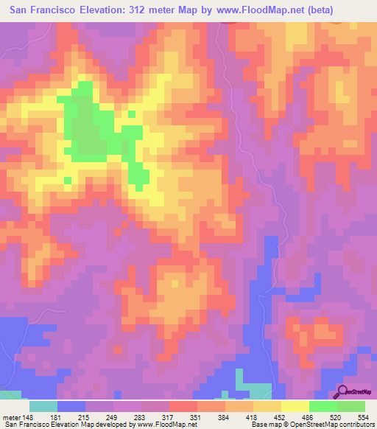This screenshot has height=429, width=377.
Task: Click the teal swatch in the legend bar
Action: (43, 406)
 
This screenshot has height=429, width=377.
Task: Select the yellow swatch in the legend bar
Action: (295, 406)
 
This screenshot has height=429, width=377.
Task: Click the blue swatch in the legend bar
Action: (71, 406)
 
